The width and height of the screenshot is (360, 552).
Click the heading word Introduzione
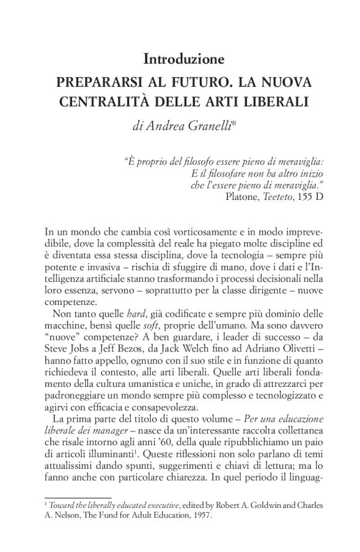point(183,60)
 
